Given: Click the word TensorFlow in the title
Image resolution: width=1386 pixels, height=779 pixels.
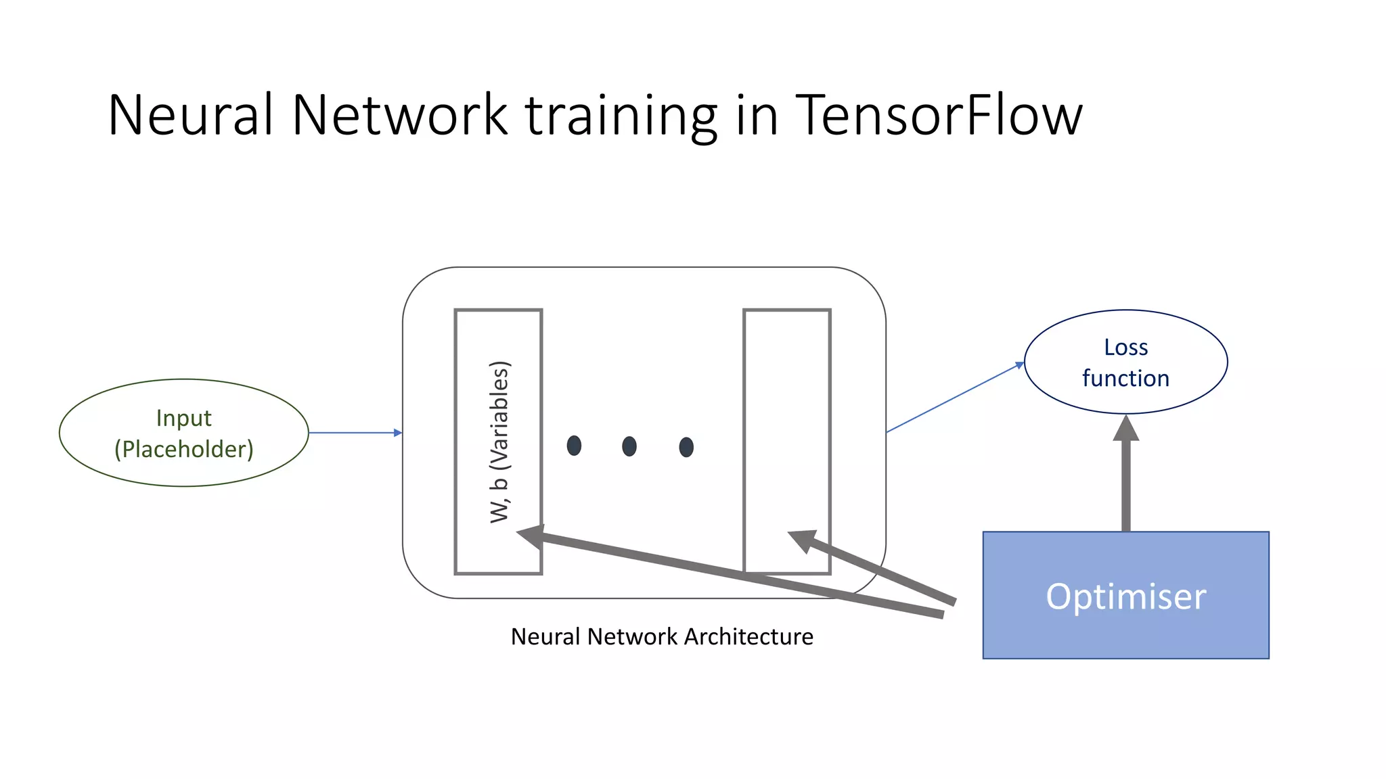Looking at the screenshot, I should pos(938,115).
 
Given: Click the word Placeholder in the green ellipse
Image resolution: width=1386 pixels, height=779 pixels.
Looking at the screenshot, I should pos(184,449).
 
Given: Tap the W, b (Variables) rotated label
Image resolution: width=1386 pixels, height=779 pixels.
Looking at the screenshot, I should pos(499,442).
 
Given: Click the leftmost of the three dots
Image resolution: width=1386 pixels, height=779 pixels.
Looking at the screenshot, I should pos(574,446).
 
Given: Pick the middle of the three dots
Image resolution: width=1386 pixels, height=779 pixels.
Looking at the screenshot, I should pos(629,446).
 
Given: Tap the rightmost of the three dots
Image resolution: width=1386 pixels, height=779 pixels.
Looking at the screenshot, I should pos(686,447).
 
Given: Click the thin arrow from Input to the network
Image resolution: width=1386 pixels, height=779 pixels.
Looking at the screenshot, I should pos(355,433).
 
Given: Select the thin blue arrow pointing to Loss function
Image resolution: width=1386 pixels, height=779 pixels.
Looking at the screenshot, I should pos(954,398).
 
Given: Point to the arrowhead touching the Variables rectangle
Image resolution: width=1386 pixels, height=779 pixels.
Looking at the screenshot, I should pos(532,536).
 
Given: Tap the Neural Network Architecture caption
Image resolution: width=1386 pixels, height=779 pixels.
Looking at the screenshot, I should pos(662,637).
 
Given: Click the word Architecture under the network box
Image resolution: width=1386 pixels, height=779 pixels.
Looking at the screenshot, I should pos(748,637).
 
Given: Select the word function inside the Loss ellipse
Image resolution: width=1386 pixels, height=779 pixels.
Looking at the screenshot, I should pos(1125,379).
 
